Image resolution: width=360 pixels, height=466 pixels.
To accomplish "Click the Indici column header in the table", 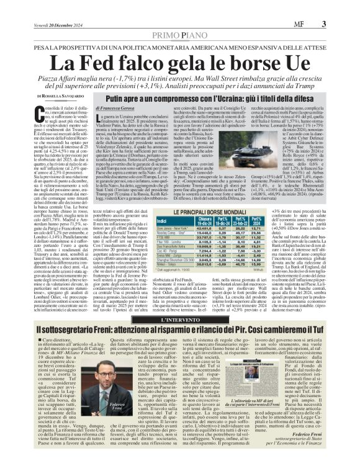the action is pyautogui.click(x=162, y=222).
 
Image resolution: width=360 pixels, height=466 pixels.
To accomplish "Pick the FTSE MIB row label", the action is pyautogui.click(x=165, y=236).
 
